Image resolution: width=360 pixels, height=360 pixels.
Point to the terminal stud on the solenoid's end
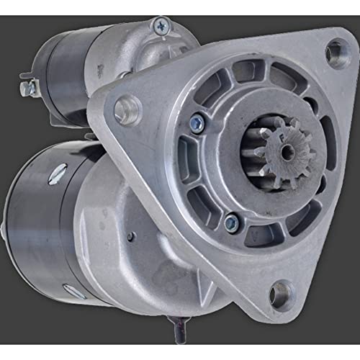[28, 88]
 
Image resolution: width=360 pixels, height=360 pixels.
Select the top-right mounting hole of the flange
[336, 52]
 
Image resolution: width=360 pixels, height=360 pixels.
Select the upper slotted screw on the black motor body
[58, 173]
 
